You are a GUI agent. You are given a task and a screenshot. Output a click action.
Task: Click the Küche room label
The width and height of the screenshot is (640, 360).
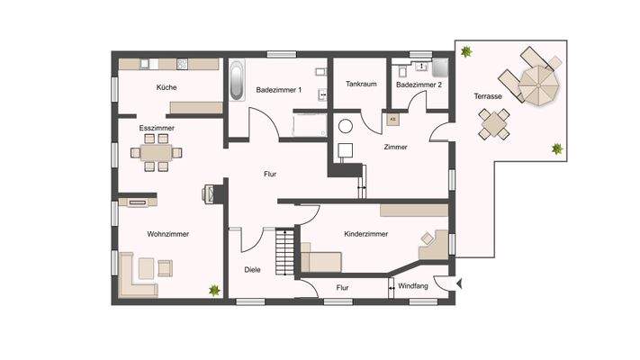(166, 88)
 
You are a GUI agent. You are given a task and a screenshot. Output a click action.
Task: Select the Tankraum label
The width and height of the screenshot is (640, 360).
(360, 85)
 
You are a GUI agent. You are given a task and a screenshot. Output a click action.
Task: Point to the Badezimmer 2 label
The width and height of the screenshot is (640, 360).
(419, 85)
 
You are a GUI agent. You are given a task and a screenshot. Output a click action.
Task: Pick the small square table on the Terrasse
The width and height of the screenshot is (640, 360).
(494, 124)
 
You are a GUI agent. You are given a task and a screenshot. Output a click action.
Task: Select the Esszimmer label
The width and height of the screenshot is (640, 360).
(157, 129)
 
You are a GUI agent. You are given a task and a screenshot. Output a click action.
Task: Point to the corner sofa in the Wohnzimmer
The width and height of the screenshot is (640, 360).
(135, 274)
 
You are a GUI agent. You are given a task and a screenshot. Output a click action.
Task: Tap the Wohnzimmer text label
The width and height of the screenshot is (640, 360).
(167, 234)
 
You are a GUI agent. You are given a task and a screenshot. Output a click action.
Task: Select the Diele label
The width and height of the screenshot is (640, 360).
(253, 269)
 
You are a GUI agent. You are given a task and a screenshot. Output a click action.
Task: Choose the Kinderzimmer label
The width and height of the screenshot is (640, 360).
(365, 234)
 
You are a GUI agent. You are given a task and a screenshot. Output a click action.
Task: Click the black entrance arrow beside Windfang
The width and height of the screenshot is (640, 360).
(460, 285)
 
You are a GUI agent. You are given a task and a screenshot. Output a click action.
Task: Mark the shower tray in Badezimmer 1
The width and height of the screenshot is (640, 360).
(310, 125)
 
